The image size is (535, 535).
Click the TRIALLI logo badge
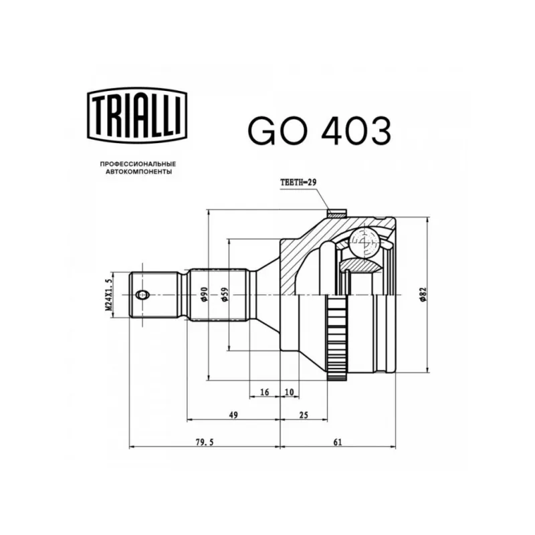pyautogui.click(x=138, y=115)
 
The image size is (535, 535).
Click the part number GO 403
pyautogui.click(x=319, y=130)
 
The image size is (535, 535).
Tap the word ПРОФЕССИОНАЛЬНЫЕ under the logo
pyautogui.click(x=138, y=164)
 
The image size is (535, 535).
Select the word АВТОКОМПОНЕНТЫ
pyautogui.click(x=139, y=172)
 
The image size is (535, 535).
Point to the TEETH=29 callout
pyautogui.click(x=298, y=182)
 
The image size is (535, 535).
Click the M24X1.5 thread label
pyautogui.click(x=108, y=294)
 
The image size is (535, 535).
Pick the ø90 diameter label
pyautogui.click(x=204, y=294)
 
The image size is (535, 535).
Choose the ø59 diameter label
pyautogui.click(x=225, y=294)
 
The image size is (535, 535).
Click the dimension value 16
pyautogui.click(x=264, y=392)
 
